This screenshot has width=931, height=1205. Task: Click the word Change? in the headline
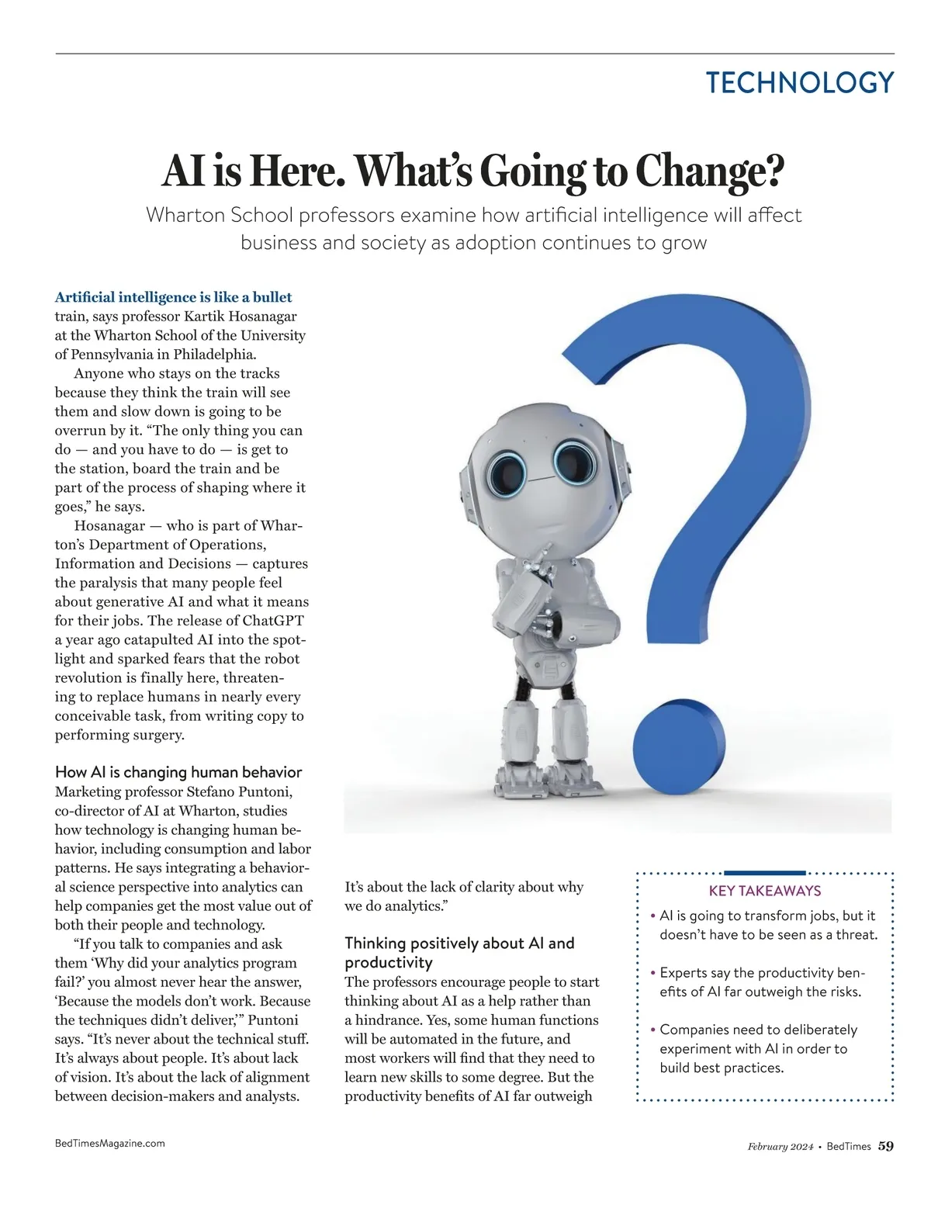click(x=710, y=171)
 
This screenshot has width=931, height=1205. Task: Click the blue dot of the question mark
click(x=677, y=750)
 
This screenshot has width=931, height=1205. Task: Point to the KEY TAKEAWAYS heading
click(x=765, y=891)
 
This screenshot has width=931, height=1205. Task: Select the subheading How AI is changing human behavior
click(x=178, y=772)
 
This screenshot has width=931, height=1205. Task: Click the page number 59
click(x=885, y=1146)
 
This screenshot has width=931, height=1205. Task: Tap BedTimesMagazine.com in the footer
click(x=109, y=1143)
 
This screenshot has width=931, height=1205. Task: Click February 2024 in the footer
click(x=780, y=1147)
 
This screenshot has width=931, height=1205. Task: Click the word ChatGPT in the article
click(x=273, y=621)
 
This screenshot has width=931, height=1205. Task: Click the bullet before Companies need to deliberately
click(x=652, y=1030)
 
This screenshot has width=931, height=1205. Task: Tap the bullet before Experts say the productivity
click(x=652, y=973)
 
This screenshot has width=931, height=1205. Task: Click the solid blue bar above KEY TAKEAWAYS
click(x=764, y=873)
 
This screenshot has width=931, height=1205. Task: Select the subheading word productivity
click(x=388, y=963)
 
